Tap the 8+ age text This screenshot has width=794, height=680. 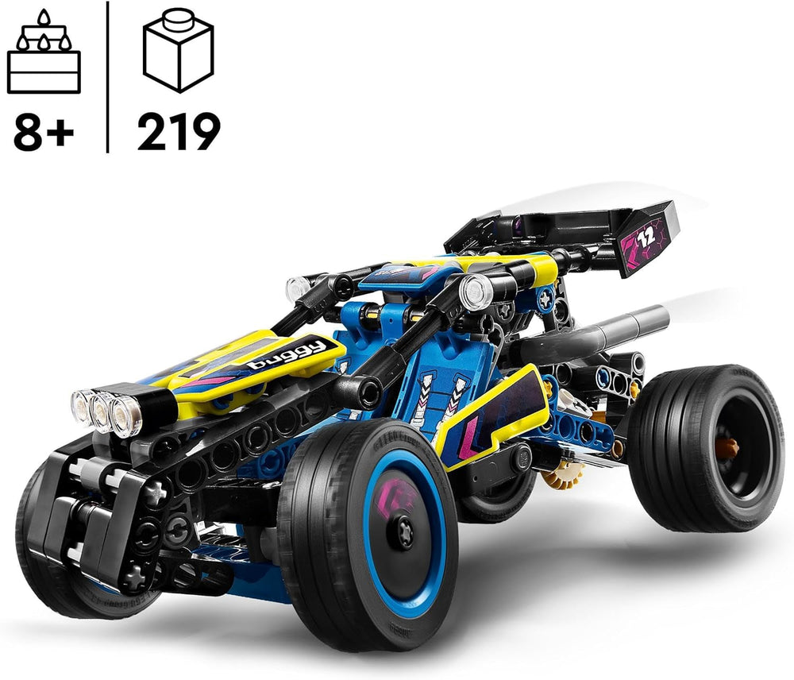coord(44,131)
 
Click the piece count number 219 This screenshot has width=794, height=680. coord(178,131)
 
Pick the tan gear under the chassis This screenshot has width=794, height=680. coord(563,475)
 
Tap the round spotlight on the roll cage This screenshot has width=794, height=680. coord(476,292)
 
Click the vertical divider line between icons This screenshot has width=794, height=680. coord(107,76)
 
